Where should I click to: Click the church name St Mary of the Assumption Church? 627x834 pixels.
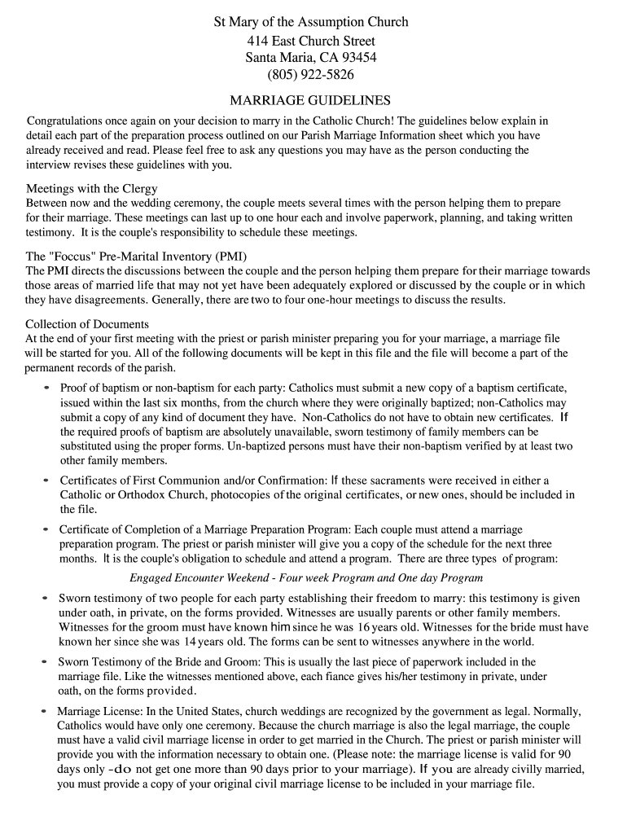pyautogui.click(x=311, y=22)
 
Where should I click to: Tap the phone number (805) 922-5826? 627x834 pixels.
pyautogui.click(x=311, y=75)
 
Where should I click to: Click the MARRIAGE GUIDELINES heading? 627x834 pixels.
pyautogui.click(x=310, y=101)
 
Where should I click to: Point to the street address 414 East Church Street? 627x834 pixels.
pyautogui.click(x=311, y=40)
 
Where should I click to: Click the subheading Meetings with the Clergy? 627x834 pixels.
pyautogui.click(x=92, y=188)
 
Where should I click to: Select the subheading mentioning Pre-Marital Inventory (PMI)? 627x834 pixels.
pyautogui.click(x=136, y=256)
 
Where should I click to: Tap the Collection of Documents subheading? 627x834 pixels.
pyautogui.click(x=87, y=323)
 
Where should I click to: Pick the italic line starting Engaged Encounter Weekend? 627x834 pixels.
pyautogui.click(x=306, y=578)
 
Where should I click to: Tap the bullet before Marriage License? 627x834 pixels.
pyautogui.click(x=44, y=711)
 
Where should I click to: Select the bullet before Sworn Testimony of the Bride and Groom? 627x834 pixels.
pyautogui.click(x=46, y=662)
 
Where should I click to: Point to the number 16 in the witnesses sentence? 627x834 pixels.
pyautogui.click(x=365, y=627)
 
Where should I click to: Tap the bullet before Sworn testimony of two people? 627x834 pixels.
pyautogui.click(x=46, y=598)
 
